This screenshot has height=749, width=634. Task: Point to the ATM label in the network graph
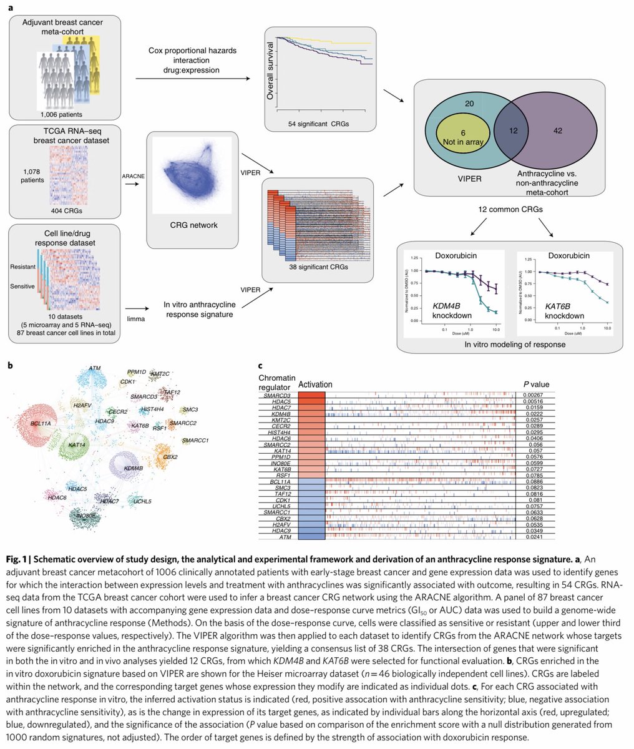(x=95, y=368)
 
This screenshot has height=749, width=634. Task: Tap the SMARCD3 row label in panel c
(x=276, y=395)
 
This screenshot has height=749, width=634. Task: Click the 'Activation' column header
(x=315, y=384)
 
